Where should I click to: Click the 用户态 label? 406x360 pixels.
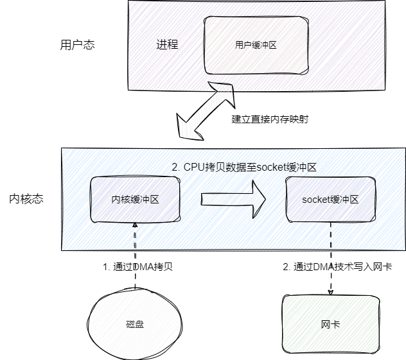pyautogui.click(x=77, y=46)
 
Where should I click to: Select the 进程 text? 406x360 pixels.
pyautogui.click(x=167, y=45)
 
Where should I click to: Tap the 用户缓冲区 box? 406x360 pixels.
pyautogui.click(x=255, y=45)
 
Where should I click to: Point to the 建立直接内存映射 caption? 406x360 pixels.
pyautogui.click(x=265, y=119)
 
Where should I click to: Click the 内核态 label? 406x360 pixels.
pyautogui.click(x=26, y=199)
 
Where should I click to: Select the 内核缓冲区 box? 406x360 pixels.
pyautogui.click(x=135, y=200)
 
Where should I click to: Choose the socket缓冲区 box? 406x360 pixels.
pyautogui.click(x=330, y=200)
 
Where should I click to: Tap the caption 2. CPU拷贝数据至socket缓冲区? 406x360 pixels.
pyautogui.click(x=244, y=167)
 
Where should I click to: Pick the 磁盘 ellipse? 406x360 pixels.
pyautogui.click(x=135, y=324)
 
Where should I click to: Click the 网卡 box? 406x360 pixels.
pyautogui.click(x=330, y=324)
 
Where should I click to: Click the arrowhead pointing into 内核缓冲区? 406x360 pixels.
pyautogui.click(x=135, y=227)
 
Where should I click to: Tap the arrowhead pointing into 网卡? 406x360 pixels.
pyautogui.click(x=330, y=292)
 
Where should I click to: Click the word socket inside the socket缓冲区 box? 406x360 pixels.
pyautogui.click(x=315, y=200)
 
